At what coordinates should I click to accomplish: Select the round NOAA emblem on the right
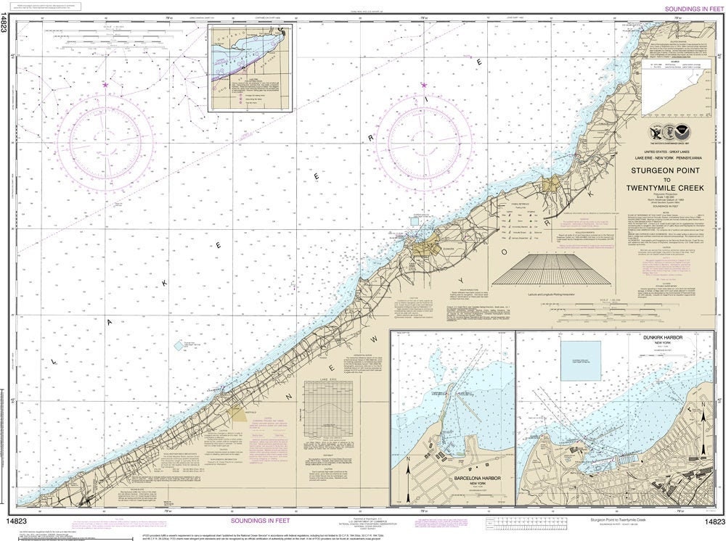(x=682, y=133)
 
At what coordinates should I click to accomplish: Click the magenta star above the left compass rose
(x=107, y=85)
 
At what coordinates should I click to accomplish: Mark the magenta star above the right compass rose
(x=423, y=85)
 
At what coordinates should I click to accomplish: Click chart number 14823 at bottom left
(x=19, y=521)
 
